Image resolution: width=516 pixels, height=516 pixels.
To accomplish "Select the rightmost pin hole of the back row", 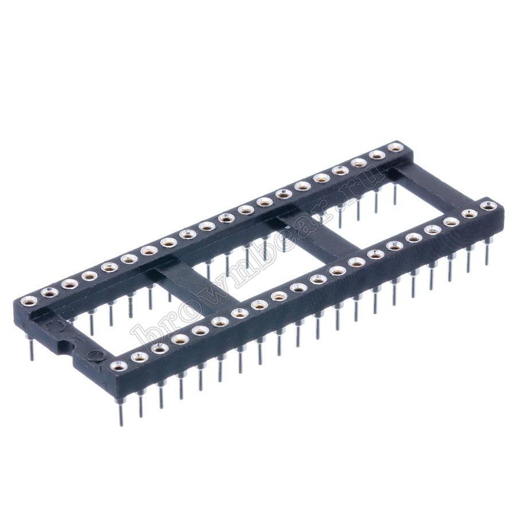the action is pyautogui.click(x=394, y=147).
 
